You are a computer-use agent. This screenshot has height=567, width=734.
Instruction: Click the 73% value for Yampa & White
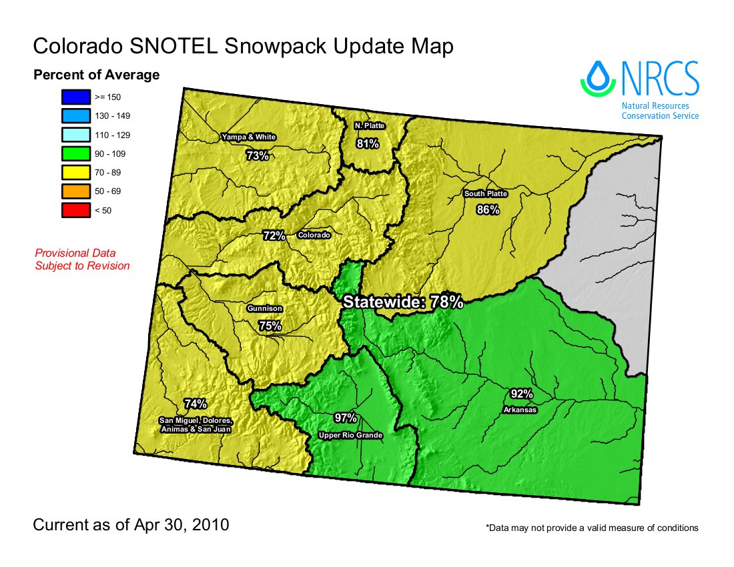[x=258, y=155]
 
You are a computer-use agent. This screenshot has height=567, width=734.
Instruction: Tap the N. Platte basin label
[x=370, y=125]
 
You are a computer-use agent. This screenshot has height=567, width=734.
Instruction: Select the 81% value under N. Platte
[x=368, y=143]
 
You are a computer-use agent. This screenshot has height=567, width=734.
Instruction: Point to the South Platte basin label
[x=486, y=194]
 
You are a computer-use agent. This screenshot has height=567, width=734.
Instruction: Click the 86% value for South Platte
[x=488, y=210]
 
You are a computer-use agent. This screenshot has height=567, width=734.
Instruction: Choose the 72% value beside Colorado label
[x=274, y=235]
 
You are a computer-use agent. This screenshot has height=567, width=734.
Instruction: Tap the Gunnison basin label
[x=265, y=309]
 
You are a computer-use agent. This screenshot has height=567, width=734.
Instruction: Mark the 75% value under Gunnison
[x=270, y=326]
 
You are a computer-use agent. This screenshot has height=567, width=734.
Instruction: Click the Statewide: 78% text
[x=403, y=302]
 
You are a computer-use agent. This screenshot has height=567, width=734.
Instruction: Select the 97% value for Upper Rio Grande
[x=346, y=418]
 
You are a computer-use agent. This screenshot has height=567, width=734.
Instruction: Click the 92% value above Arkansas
[x=521, y=393]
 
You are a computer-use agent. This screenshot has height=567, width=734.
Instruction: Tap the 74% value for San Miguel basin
[x=196, y=404]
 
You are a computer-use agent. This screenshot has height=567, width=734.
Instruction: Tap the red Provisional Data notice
[x=82, y=259]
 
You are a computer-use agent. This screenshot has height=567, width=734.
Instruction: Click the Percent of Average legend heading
[x=97, y=75]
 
